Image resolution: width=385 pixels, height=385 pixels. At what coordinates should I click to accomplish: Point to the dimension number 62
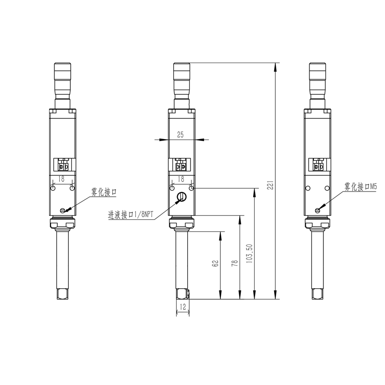pyautogui.click(x=216, y=263)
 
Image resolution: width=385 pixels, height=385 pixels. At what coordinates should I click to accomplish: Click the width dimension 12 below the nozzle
pyautogui.click(x=182, y=307)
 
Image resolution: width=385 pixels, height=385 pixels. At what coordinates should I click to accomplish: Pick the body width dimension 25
pyautogui.click(x=180, y=135)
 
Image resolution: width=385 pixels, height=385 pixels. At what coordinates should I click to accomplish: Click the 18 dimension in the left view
pyautogui.click(x=62, y=179)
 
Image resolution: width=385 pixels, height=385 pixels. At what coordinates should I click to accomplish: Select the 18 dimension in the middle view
pyautogui.click(x=181, y=179)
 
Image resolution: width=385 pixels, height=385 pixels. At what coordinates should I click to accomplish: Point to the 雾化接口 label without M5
pyautogui.click(x=104, y=192)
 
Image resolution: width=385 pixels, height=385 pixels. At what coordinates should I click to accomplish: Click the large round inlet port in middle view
pyautogui.click(x=181, y=196)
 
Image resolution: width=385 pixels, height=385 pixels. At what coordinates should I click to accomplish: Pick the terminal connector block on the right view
pyautogui.click(x=318, y=167)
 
